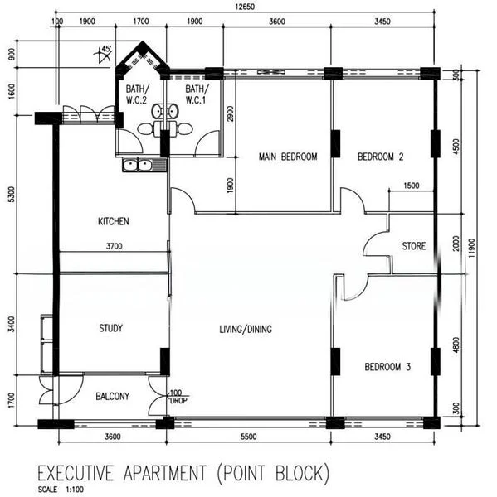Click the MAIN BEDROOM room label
coord(287,157)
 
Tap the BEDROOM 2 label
coord(380,157)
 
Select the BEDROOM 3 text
coord(387,367)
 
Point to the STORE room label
coord(414,247)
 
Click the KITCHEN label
coord(114,222)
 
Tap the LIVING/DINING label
coord(245,330)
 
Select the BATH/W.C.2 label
coord(138,94)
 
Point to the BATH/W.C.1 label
coord(197,94)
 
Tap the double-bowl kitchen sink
coord(138,166)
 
